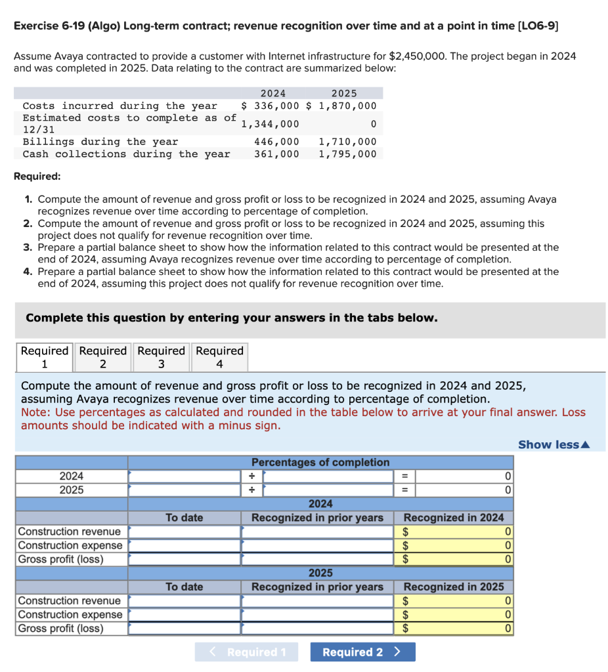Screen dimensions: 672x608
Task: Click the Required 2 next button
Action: click(362, 652)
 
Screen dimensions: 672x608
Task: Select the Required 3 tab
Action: click(161, 357)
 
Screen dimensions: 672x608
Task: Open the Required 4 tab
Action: click(219, 357)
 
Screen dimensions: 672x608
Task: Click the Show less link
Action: click(554, 444)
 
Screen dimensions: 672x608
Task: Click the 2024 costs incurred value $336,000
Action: click(270, 106)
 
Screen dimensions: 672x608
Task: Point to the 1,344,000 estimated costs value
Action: click(270, 124)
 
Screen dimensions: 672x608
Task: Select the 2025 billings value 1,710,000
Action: click(347, 142)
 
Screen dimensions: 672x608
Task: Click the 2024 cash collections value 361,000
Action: click(276, 154)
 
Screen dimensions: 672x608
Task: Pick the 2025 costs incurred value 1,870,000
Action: click(347, 106)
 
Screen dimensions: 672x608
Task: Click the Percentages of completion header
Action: click(320, 462)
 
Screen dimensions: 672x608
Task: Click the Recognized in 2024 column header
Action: click(454, 517)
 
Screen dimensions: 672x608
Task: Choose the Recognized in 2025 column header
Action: click(454, 586)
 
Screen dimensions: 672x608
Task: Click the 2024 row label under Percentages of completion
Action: click(72, 476)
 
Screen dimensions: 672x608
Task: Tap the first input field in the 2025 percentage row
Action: click(185, 490)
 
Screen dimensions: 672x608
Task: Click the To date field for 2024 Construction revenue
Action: click(185, 532)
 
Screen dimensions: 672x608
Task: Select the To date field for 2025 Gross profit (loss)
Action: click(185, 628)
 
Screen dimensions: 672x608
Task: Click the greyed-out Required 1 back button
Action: click(246, 652)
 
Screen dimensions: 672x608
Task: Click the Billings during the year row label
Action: click(100, 142)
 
